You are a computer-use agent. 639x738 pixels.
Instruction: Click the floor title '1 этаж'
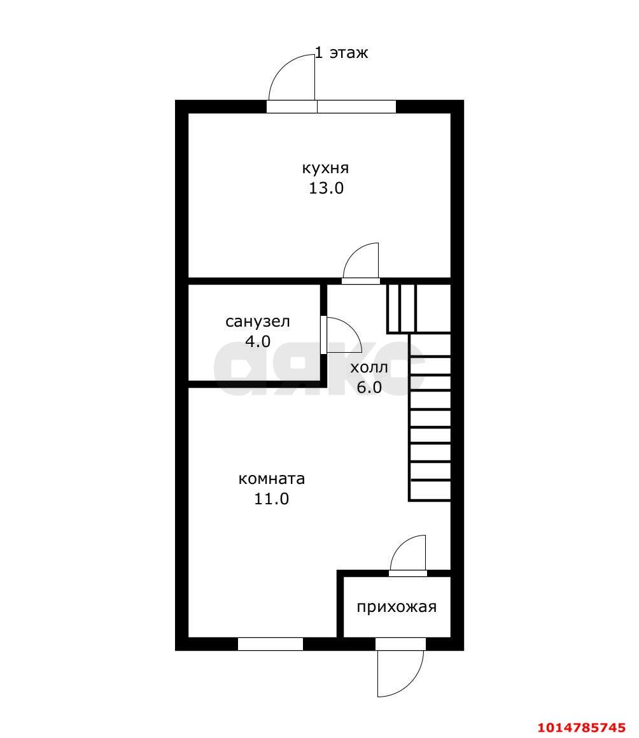tap(341, 52)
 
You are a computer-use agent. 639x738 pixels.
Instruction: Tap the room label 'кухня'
tap(325, 168)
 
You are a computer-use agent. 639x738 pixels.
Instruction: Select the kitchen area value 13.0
tap(326, 188)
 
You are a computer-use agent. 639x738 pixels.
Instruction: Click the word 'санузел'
tap(257, 322)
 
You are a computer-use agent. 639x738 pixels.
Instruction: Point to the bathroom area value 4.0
tap(258, 341)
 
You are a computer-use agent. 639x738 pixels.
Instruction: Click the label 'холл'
tap(369, 367)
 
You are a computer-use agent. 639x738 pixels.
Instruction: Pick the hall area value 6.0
tap(369, 387)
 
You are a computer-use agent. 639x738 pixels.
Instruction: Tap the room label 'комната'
tap(272, 479)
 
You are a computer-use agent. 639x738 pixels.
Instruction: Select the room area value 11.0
tap(272, 499)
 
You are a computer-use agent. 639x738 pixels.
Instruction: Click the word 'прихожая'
tap(397, 607)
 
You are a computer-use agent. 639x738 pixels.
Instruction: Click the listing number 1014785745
tap(581, 728)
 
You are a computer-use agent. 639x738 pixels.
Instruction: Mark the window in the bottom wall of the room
tap(270, 644)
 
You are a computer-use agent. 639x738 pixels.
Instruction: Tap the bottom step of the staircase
tap(430, 490)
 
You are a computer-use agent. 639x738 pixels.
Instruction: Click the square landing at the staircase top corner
tap(433, 308)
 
